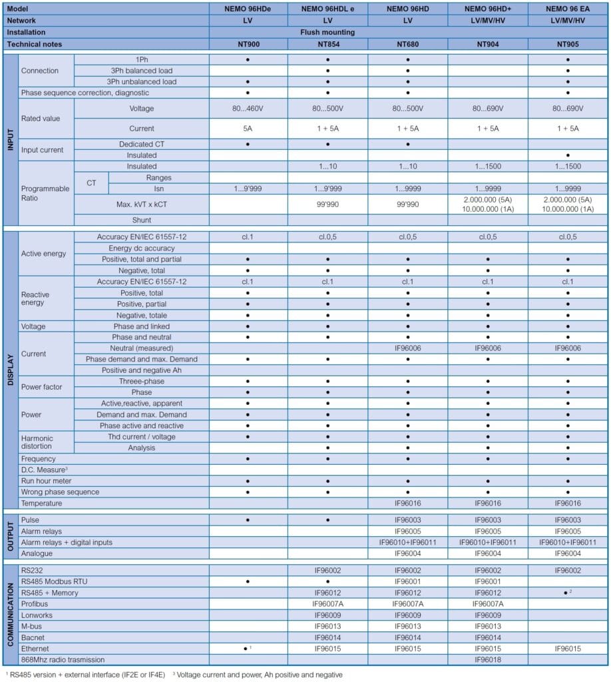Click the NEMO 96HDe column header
tap(248, 9)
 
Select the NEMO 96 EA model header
tap(567, 9)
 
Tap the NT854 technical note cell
tap(327, 43)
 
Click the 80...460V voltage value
tap(248, 108)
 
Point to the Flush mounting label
tap(407, 32)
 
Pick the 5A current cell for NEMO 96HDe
tap(248, 129)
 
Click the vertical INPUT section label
tap(10, 140)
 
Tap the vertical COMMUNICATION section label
tap(10, 613)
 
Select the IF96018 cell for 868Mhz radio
tap(487, 659)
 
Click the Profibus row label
tap(35, 604)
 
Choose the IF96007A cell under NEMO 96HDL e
tap(327, 604)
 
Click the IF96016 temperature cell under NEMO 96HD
tap(407, 504)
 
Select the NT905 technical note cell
tap(567, 43)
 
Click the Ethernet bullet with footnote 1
tap(248, 649)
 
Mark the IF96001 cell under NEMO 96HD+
tap(487, 581)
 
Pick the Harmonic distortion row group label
tap(37, 442)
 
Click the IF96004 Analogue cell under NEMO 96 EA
tap(567, 553)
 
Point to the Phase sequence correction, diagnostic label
tap(85, 93)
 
